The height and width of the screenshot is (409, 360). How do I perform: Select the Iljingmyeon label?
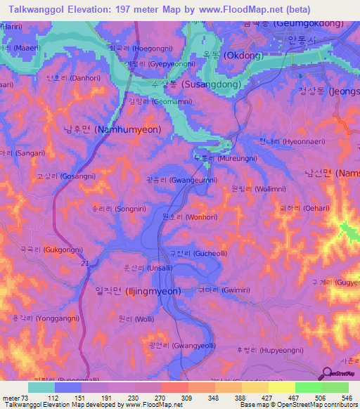tap(137, 291)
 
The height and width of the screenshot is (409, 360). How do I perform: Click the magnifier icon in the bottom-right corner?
tap(328, 375)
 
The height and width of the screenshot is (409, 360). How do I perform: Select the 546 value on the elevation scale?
tap(345, 398)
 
